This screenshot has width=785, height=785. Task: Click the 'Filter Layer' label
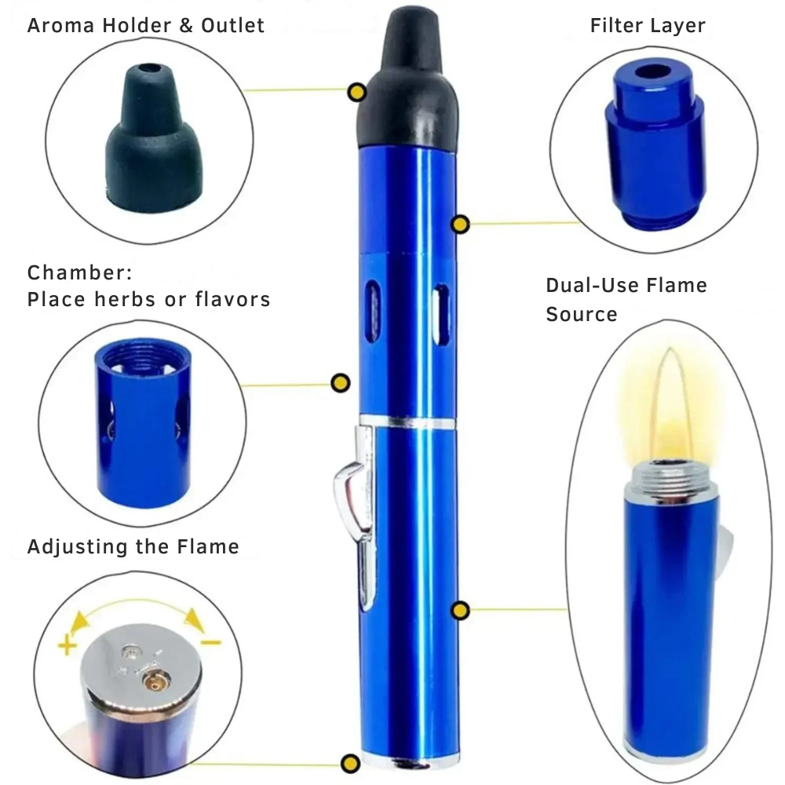coord(648,25)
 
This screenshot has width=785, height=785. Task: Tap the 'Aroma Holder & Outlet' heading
coord(145,25)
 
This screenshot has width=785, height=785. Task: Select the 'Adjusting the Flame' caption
coord(133,546)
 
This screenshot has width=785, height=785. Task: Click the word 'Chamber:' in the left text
coord(79,273)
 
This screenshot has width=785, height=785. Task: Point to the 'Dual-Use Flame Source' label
coord(626,299)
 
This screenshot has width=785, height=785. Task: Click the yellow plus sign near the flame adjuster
coord(67,645)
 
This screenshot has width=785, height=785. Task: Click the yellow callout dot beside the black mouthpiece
coord(357,93)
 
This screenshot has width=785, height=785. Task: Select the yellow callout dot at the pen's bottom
coord(350,764)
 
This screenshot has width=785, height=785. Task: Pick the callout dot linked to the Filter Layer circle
coord(460,225)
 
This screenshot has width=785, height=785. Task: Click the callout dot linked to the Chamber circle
coord(341,383)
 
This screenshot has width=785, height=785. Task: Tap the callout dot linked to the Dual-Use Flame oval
coord(460,611)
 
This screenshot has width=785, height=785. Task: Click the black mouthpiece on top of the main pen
coord(408,80)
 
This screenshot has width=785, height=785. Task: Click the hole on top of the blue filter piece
coord(653,71)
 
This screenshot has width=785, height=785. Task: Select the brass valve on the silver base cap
coord(155,682)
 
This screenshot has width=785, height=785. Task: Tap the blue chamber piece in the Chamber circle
coord(143,424)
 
